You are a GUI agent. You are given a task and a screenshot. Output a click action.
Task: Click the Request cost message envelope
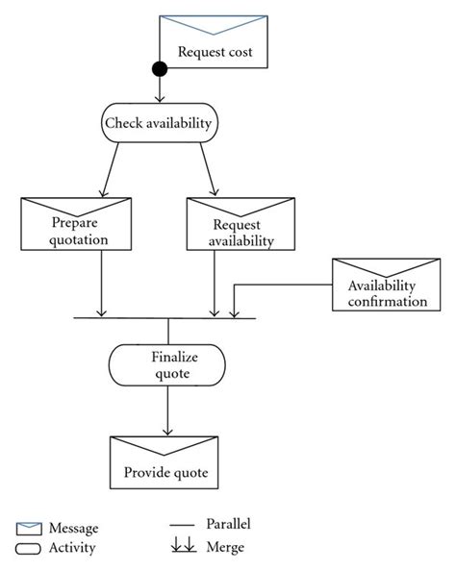pos(214,42)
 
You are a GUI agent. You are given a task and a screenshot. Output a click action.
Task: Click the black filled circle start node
pos(160,69)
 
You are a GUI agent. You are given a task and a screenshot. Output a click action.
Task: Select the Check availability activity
pos(160,123)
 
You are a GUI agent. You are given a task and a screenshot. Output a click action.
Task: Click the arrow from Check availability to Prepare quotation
pos(108,167)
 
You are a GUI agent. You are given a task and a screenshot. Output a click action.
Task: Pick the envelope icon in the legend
pos(30,528)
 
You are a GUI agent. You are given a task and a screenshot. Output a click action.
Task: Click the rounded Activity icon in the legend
pos(30,548)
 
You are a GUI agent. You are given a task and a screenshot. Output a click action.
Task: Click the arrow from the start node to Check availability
pos(160,91)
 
